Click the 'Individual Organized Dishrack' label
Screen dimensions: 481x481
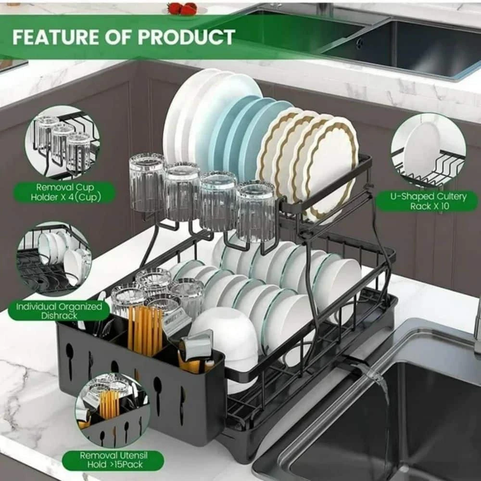(x=58, y=311)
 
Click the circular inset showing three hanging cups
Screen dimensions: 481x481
(x=64, y=143)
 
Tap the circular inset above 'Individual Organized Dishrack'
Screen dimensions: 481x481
(x=54, y=260)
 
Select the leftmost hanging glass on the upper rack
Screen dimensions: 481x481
(x=147, y=183)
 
